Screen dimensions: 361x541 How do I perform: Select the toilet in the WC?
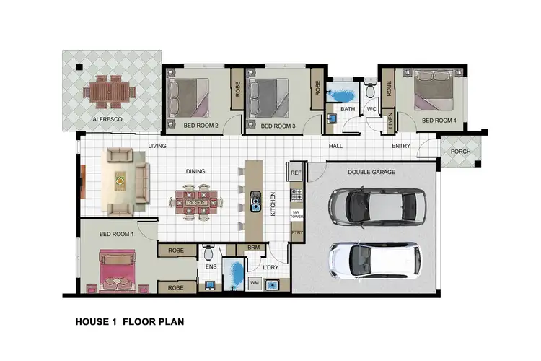(371, 90)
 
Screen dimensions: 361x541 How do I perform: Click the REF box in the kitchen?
(296, 173)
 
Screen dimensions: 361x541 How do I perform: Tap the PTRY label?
(296, 232)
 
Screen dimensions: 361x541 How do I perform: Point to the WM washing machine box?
(255, 283)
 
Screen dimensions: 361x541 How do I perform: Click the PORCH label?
(459, 152)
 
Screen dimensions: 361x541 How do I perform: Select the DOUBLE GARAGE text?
(371, 172)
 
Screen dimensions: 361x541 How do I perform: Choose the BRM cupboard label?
(253, 248)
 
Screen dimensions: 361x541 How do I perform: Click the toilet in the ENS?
(209, 253)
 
